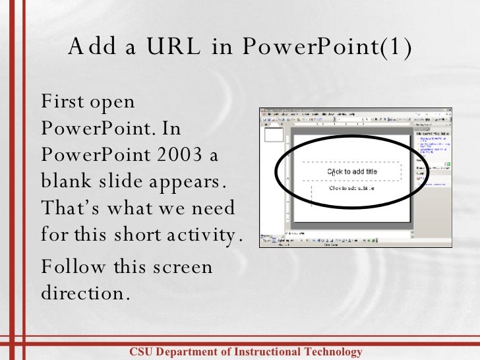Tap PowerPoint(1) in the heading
[327, 47]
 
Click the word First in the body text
[62, 102]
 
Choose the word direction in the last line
[82, 293]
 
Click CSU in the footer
[140, 352]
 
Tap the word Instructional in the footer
[269, 352]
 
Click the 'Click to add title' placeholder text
[353, 172]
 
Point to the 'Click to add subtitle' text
[351, 188]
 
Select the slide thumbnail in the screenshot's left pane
[274, 135]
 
